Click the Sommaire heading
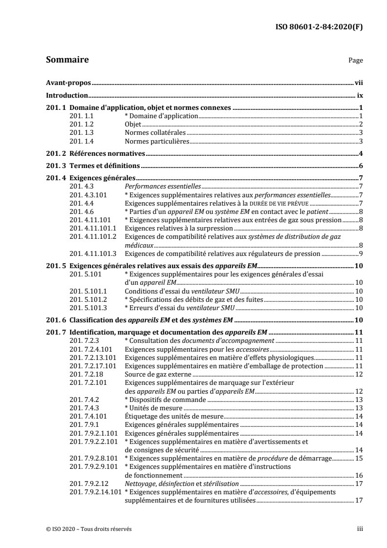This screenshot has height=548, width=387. [x=67, y=60]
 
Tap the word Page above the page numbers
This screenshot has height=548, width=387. [x=355, y=61]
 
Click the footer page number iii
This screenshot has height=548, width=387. [x=360, y=528]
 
